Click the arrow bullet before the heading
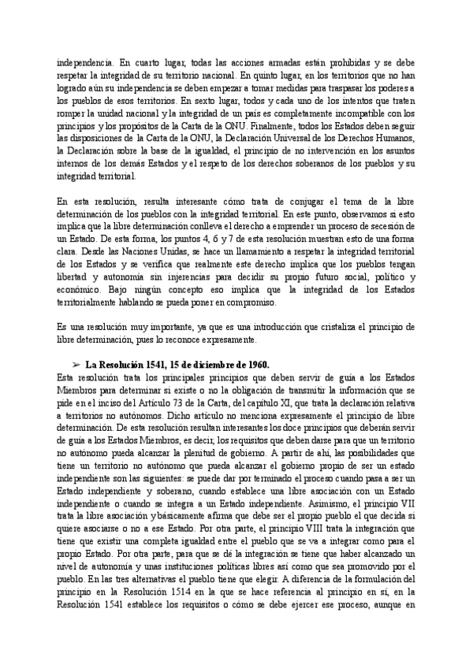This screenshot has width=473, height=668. pyautogui.click(x=76, y=365)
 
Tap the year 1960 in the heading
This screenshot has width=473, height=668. pyautogui.click(x=257, y=365)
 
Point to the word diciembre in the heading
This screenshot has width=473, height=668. pyautogui.click(x=210, y=365)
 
